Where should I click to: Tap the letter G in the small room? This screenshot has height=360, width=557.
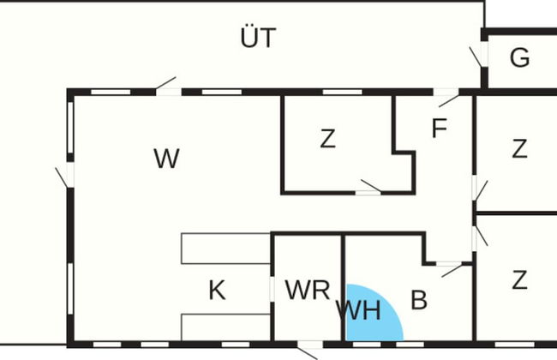(519, 58)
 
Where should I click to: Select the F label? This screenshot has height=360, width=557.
(440, 129)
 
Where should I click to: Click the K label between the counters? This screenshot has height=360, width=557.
(217, 291)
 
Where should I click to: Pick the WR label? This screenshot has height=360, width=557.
(307, 291)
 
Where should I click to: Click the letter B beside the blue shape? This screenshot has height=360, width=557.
(419, 300)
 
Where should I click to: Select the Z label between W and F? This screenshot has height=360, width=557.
(326, 139)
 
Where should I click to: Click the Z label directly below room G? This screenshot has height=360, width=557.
(519, 149)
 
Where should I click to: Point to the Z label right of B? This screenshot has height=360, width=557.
(519, 280)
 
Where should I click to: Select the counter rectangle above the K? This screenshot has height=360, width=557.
(225, 249)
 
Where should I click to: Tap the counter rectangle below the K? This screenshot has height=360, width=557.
(225, 327)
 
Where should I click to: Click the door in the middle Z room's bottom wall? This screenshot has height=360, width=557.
(370, 187)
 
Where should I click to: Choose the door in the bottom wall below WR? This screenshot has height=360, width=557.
(308, 350)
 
